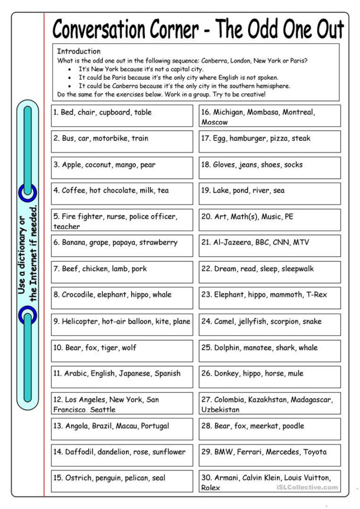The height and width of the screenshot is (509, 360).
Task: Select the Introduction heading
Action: pos(78,51)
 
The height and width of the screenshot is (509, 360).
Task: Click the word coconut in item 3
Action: pos(98,165)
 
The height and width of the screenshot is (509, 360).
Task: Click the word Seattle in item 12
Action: pos(102,409)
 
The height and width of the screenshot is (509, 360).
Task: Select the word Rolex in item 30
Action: pos(211,487)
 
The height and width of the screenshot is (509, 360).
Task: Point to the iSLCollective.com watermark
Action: pos(306,488)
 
